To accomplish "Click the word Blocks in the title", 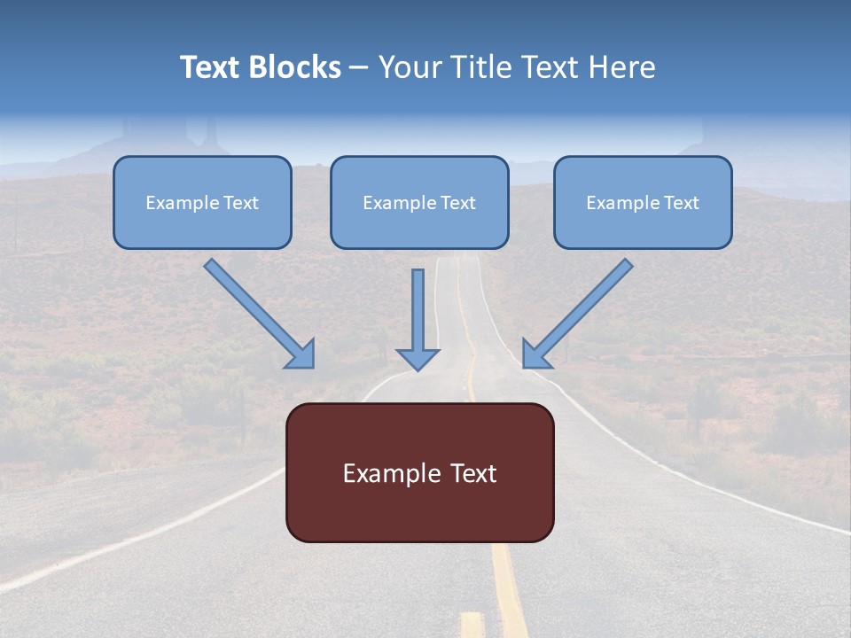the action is (x=295, y=66).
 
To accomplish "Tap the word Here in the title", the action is (x=622, y=66).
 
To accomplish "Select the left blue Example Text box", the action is (x=202, y=202).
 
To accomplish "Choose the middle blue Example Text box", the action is (x=419, y=202).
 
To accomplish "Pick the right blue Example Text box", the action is (x=643, y=202).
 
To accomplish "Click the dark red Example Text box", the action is (x=420, y=472).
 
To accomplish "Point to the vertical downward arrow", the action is (x=418, y=320).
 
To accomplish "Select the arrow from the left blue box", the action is (x=260, y=314).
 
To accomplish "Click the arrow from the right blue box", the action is (x=577, y=314).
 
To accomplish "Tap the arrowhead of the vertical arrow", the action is (x=418, y=361).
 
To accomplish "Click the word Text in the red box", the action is (x=473, y=473).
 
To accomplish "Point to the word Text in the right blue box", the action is (x=681, y=202).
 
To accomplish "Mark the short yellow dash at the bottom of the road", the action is (x=472, y=625).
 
